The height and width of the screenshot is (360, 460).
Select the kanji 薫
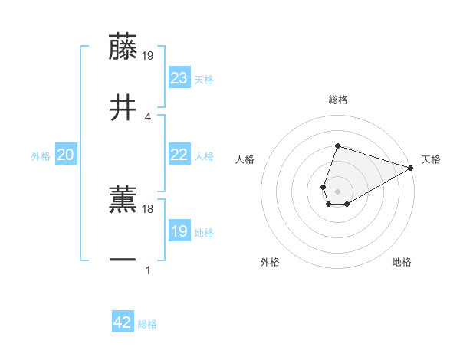click(123, 198)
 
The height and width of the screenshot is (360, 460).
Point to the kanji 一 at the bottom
click(123, 261)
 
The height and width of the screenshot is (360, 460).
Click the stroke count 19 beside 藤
click(149, 56)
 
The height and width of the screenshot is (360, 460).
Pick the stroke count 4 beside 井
click(148, 116)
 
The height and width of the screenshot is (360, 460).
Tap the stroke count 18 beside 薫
click(149, 208)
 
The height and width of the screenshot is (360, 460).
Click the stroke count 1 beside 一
click(148, 270)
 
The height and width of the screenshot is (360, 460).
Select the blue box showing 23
click(179, 78)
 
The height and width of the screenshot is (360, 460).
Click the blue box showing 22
click(179, 155)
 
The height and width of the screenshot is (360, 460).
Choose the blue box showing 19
click(179, 231)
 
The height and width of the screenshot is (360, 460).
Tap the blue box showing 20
click(66, 155)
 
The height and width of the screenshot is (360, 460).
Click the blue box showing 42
click(123, 322)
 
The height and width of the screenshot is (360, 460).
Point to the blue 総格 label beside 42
click(147, 324)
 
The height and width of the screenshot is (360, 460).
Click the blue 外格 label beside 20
click(41, 156)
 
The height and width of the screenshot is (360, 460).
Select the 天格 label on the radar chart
click(431, 160)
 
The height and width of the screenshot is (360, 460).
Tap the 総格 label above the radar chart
click(338, 100)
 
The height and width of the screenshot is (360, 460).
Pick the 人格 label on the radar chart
click(245, 160)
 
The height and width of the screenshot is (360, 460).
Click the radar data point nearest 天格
click(411, 169)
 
